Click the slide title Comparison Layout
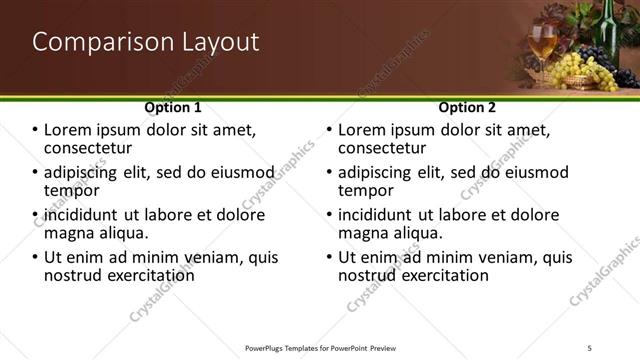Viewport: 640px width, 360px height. (146, 42)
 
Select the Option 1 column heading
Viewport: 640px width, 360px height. (173, 107)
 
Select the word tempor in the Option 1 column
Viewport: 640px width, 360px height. (71, 190)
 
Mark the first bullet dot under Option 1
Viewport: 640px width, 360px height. (35, 131)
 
